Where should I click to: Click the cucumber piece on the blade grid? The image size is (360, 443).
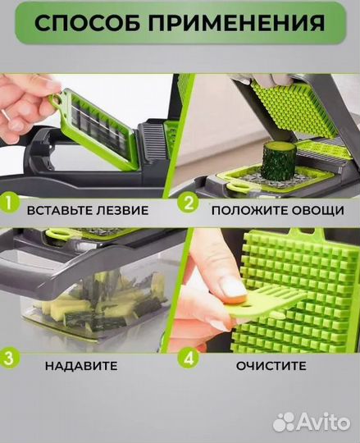277,160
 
